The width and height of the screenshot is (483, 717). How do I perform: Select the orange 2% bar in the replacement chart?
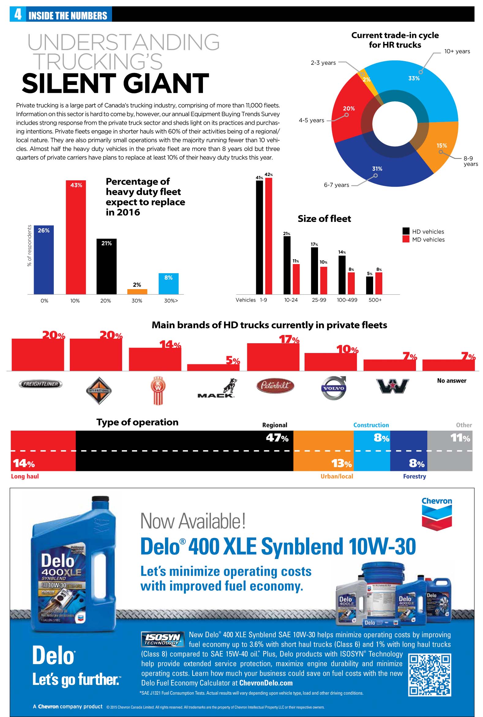pos(137,292)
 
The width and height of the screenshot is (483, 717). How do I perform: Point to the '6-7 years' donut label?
pos(336,185)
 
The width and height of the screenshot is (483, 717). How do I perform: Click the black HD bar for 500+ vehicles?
pos(369,285)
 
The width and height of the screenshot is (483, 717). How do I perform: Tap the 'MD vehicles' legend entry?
pos(424,240)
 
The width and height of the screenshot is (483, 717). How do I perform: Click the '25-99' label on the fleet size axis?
pos(319,300)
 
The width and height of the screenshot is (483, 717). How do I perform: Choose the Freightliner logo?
pos(41,384)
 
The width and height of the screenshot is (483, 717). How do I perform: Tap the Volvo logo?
pos(334,388)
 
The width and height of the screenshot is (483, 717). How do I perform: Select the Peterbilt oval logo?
pos(275,385)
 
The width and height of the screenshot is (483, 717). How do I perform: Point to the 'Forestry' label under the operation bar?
pos(414,476)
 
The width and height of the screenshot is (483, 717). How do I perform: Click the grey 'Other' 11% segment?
pos(449,450)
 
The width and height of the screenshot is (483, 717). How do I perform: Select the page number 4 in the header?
pos(18,14)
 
